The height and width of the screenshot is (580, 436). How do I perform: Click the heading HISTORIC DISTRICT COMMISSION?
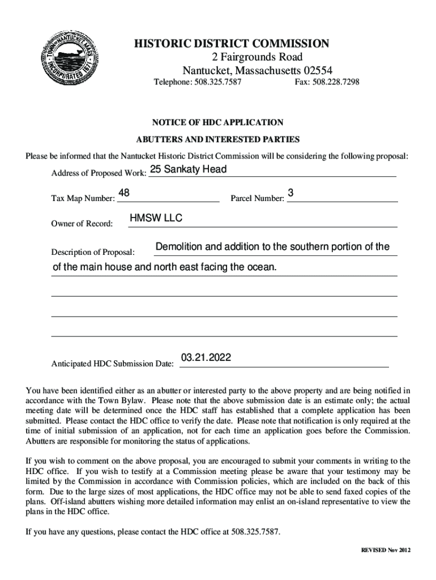pos(231,44)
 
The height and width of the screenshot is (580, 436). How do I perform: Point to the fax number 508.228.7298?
pos(336,83)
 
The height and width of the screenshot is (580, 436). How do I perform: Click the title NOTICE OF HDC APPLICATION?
pos(217,122)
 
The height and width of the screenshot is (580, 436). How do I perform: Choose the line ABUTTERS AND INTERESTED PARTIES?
pos(218,139)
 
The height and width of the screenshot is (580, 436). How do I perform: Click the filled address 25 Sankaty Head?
pos(188,169)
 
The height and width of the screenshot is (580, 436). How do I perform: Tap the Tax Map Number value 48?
pos(123,194)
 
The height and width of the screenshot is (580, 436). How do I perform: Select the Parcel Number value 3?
pos(290,194)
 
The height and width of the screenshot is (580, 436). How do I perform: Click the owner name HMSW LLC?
pos(156,219)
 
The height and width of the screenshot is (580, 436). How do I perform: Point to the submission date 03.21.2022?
pos(206,358)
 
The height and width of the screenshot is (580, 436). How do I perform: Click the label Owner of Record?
pos(82,224)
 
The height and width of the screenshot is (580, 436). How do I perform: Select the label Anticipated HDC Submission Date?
pos(112,364)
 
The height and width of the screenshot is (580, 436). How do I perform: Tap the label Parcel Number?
pos(257,199)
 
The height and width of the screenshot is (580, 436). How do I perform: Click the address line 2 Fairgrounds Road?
pos(258,57)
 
